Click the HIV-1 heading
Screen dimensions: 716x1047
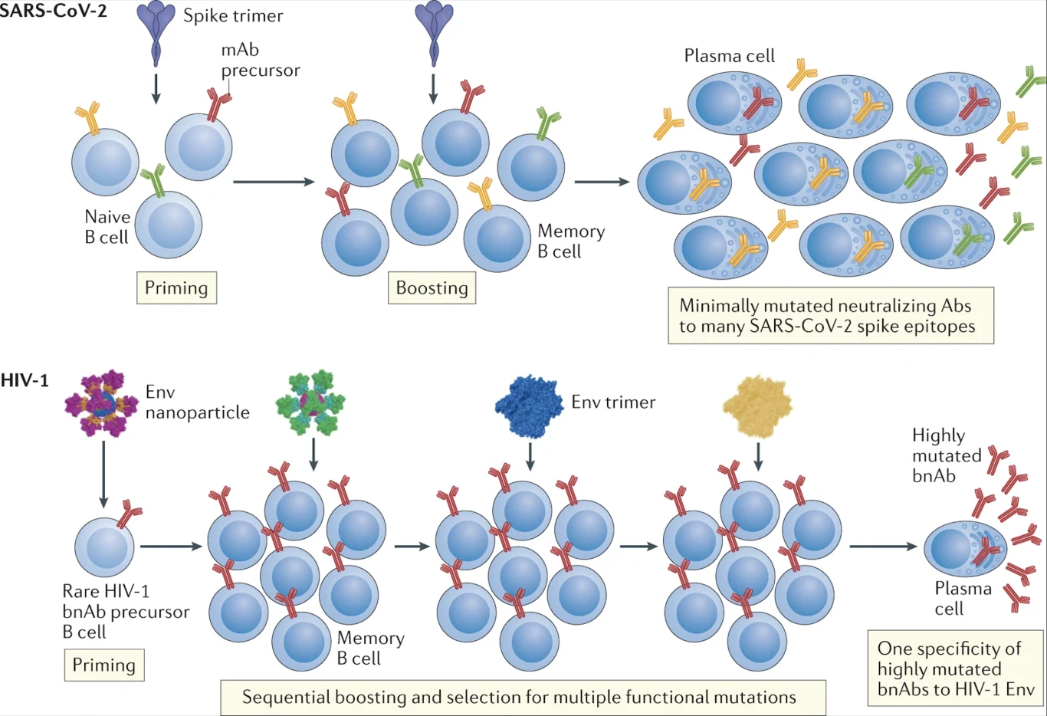point(25,380)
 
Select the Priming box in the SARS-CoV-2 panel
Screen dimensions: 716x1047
point(176,288)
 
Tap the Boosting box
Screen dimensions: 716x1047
point(432,288)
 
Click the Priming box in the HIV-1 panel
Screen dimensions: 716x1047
point(103,665)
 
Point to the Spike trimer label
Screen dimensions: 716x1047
point(233,16)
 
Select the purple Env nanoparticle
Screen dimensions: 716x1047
point(101,402)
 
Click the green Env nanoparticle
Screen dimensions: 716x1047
point(310,402)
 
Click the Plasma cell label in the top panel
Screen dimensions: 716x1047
point(729,56)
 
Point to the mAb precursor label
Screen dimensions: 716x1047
point(260,60)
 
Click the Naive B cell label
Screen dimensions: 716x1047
point(107,227)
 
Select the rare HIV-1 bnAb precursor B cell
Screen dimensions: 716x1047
point(104,547)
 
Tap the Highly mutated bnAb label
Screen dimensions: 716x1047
point(946,455)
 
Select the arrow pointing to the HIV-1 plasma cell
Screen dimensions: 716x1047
point(883,547)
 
